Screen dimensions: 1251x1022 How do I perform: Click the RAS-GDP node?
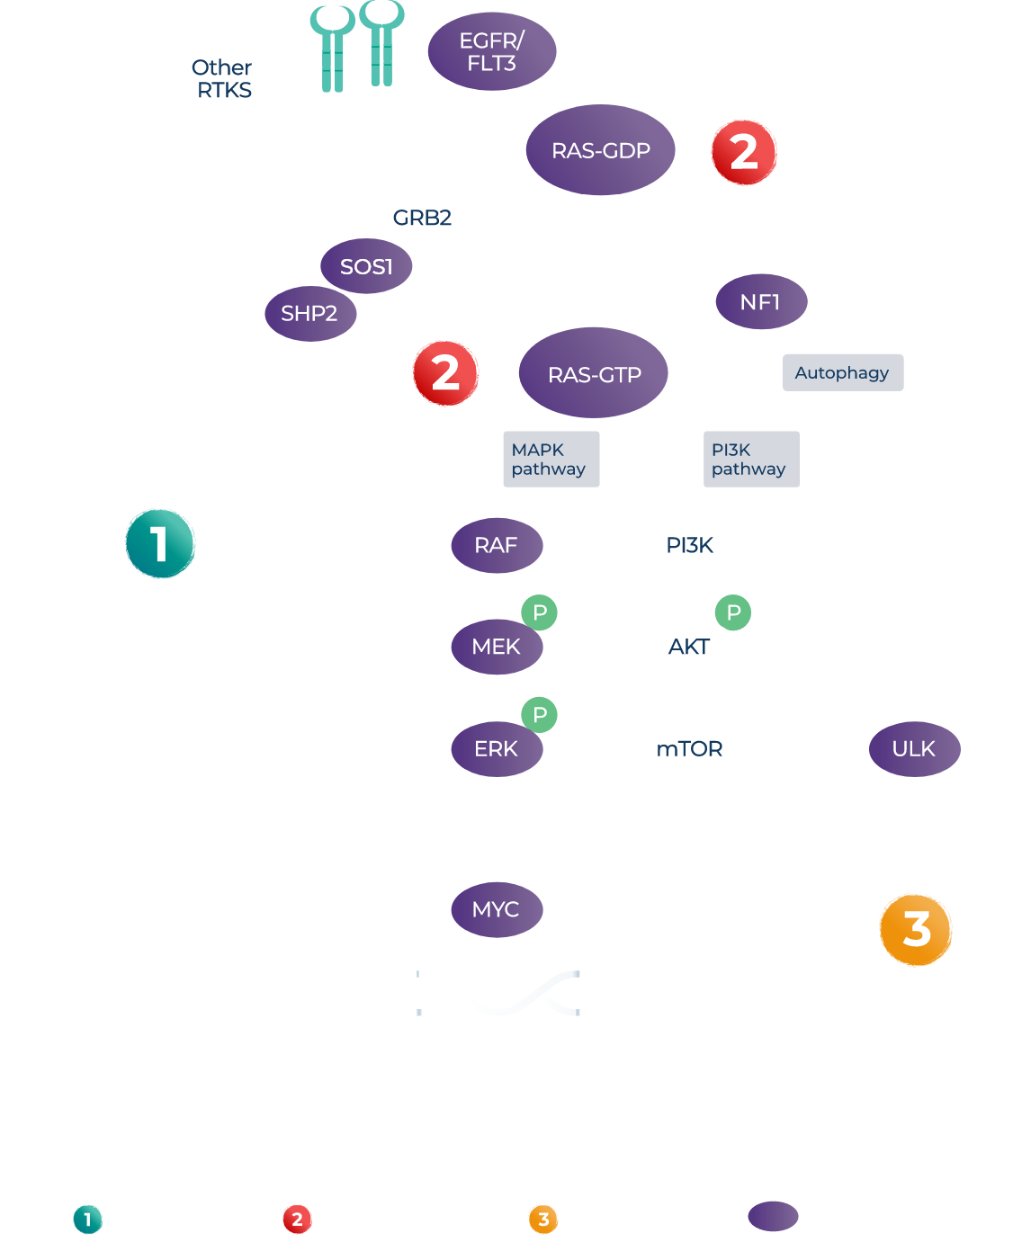(x=600, y=150)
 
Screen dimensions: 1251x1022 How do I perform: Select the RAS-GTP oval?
(x=594, y=374)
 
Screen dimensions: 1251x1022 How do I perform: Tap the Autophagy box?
(x=842, y=372)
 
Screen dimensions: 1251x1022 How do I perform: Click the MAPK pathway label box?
(x=551, y=460)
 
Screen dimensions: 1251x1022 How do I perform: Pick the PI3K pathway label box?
(x=750, y=460)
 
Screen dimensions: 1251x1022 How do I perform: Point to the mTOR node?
(x=690, y=748)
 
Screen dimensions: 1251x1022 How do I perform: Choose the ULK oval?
(x=914, y=748)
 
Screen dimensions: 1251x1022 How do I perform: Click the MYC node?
(x=497, y=909)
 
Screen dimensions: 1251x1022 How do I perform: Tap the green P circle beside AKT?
(x=733, y=612)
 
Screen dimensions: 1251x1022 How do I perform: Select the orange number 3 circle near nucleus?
(x=916, y=929)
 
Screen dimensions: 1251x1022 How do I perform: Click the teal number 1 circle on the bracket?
(x=159, y=543)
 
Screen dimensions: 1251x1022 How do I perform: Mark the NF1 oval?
(x=761, y=302)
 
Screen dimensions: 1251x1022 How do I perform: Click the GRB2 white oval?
(x=422, y=218)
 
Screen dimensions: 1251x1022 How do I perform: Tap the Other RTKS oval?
(x=224, y=79)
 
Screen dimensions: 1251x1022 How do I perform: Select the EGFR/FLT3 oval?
(x=491, y=53)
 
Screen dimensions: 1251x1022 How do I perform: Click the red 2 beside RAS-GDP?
(x=744, y=152)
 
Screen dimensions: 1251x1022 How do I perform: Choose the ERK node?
(x=497, y=748)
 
